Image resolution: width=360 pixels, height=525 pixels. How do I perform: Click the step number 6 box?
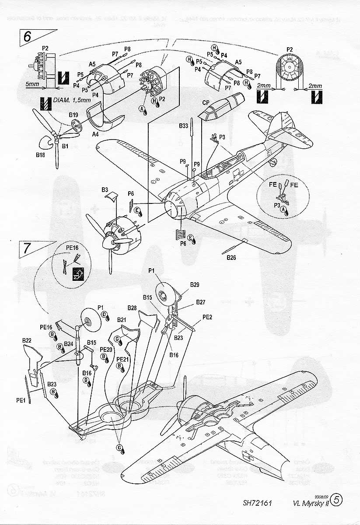27,37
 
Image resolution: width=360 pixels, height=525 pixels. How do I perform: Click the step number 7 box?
27,248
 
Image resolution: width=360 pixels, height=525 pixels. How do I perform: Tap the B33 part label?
184,126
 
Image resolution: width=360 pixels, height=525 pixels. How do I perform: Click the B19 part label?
73,115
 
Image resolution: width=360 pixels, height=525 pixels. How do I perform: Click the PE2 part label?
207,317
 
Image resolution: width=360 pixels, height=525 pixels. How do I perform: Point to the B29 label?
195,285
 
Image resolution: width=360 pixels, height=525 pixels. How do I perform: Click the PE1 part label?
20,399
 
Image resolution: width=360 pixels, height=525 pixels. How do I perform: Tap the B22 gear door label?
26,340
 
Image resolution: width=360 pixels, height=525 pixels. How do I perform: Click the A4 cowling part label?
95,135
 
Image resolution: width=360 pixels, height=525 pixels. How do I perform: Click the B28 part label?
133,308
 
